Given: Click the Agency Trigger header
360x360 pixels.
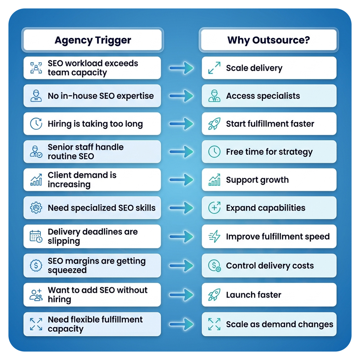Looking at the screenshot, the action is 93,40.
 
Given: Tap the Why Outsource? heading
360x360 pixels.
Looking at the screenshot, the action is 269,40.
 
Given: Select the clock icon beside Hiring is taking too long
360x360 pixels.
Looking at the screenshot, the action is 36,124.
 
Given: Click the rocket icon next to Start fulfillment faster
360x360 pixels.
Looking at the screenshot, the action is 214,124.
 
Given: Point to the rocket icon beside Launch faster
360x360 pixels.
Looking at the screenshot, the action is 214,295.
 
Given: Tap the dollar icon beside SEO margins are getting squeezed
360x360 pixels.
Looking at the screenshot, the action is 36,266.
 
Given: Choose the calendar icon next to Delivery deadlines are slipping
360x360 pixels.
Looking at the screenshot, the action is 36,236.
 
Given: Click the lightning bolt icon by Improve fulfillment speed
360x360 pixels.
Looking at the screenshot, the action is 214,236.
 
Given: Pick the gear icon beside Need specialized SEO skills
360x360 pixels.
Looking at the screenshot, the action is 36,208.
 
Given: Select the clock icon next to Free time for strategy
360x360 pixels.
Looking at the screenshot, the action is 214,152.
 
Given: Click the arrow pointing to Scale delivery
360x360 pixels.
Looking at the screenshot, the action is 181,68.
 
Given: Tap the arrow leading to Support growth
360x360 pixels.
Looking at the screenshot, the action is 181,180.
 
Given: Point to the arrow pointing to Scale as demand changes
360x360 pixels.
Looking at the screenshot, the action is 181,324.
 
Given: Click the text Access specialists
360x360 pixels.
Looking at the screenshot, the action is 263,96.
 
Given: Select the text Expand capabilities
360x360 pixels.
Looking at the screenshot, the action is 266,208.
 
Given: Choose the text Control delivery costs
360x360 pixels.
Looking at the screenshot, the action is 270,266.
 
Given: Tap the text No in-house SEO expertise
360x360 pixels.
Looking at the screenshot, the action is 101,96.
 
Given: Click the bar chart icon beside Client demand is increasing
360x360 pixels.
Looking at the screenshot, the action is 36,180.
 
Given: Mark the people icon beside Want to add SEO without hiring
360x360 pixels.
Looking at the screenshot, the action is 36,295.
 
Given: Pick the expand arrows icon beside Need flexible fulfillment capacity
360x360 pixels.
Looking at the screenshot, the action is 36,324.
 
